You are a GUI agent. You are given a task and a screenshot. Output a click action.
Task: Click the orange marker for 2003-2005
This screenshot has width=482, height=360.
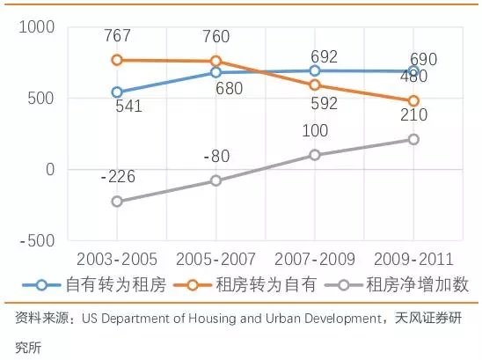click(x=117, y=60)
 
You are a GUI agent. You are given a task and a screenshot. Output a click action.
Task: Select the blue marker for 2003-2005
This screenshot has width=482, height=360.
click(x=117, y=92)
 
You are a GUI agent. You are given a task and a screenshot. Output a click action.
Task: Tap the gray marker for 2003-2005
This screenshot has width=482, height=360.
click(x=117, y=202)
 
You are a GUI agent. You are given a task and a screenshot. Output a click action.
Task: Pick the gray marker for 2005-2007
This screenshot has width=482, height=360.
click(x=216, y=180)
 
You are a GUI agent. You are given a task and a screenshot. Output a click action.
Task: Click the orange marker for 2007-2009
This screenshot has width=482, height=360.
click(x=315, y=84)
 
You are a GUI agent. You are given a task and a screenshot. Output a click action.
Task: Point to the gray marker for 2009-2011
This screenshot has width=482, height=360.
click(x=413, y=139)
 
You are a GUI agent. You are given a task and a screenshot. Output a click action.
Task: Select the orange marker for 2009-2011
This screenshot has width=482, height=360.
click(x=413, y=101)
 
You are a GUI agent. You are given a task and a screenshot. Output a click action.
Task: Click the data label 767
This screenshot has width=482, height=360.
click(x=118, y=35)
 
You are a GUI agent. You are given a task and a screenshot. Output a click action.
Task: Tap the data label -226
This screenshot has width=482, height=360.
click(x=118, y=177)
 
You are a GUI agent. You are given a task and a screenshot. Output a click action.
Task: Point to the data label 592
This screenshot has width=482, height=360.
click(x=324, y=103)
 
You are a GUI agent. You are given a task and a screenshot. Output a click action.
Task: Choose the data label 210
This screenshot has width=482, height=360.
click(x=413, y=114)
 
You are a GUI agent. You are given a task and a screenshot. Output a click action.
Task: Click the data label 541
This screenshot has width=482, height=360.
click(x=128, y=107)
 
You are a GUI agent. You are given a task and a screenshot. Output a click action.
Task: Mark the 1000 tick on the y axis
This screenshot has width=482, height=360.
click(x=37, y=26)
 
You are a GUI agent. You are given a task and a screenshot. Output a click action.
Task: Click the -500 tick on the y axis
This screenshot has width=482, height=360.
click(x=37, y=240)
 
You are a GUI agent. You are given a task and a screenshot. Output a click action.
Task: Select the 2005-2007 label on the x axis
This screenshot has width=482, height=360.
click(x=215, y=259)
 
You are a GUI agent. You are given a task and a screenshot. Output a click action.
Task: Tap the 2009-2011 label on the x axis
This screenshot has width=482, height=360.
click(x=413, y=259)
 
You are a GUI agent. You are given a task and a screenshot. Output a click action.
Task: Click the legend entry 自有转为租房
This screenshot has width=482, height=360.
click(x=95, y=284)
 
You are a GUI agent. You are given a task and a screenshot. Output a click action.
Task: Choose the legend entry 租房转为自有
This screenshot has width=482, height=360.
click(x=245, y=284)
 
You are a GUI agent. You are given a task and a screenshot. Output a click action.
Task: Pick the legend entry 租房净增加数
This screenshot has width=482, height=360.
click(x=397, y=284)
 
